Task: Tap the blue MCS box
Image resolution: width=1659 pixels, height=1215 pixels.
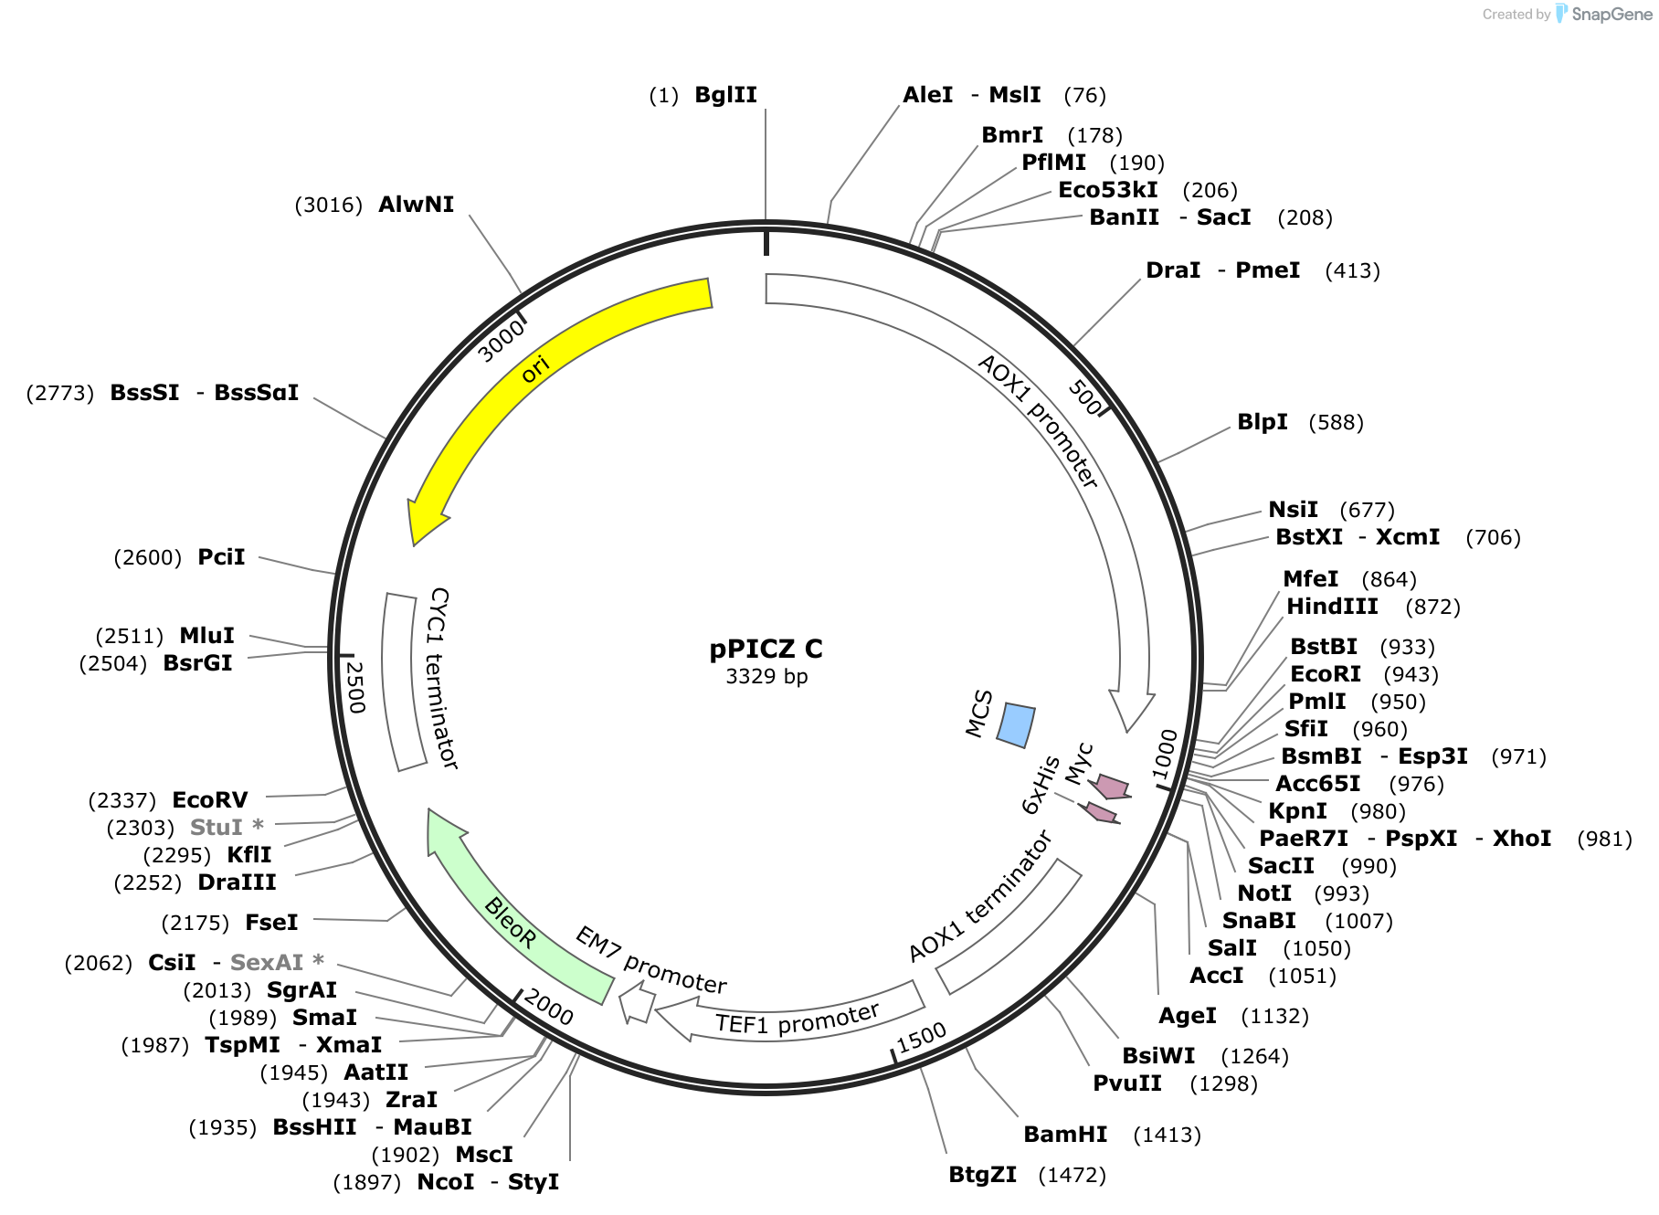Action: (1016, 724)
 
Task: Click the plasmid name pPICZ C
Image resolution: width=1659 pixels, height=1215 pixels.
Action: (766, 649)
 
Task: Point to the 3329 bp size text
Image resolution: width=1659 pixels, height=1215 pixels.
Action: (766, 676)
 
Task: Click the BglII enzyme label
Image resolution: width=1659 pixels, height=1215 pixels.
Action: (725, 95)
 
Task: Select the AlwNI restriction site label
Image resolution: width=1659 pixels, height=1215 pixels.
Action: (416, 204)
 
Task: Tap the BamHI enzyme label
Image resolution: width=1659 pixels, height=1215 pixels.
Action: (1065, 1135)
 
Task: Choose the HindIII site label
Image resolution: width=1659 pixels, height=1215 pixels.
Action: (1332, 607)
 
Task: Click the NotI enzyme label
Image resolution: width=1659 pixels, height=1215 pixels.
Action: (1264, 893)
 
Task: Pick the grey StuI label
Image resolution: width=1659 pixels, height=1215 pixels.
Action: (217, 828)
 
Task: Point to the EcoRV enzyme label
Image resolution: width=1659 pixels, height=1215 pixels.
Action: (210, 800)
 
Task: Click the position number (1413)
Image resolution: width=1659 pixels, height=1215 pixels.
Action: (1167, 1135)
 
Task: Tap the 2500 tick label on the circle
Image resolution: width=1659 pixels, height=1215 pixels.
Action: (354, 687)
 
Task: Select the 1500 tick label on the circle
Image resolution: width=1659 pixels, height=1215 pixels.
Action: (921, 1038)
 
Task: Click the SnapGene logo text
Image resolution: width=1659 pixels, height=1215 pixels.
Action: (1611, 14)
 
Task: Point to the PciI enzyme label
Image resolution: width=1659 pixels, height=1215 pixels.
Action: (221, 557)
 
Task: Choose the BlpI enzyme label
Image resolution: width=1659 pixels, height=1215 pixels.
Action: (1263, 422)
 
